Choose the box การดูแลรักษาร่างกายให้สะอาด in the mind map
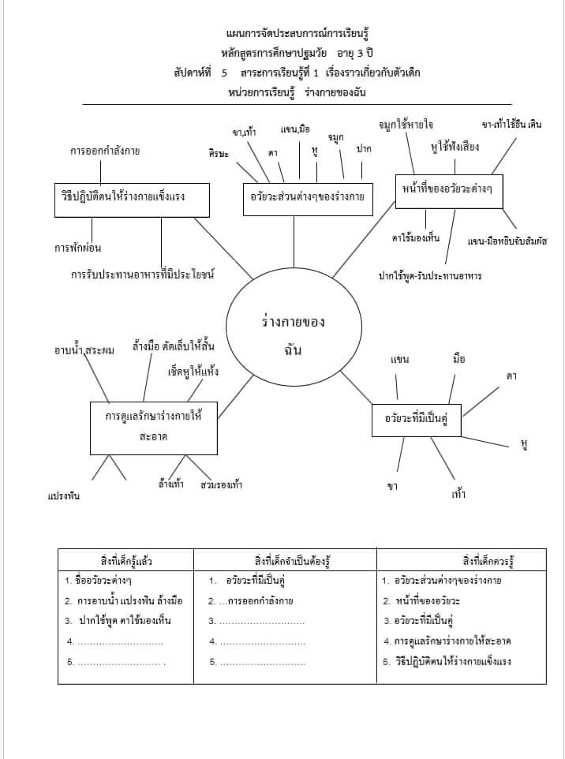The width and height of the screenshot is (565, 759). [x=153, y=426]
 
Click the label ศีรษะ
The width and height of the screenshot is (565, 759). [x=218, y=153]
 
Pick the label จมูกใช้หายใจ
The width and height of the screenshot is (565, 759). [x=406, y=125]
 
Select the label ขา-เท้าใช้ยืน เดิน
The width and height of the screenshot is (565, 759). [x=515, y=125]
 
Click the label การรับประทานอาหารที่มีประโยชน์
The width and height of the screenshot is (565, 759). [x=143, y=275]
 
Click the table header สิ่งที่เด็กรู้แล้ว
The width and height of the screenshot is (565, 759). [x=125, y=561]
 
